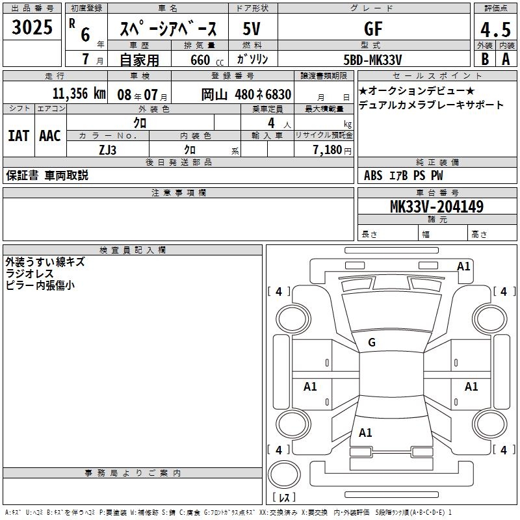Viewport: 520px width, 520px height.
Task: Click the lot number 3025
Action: coord(32,27)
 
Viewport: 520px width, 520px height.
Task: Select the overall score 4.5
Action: coord(495,29)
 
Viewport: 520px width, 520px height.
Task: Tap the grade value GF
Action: coord(373,29)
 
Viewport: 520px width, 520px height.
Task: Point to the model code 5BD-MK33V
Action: coord(372,60)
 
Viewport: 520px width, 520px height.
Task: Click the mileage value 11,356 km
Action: coord(79,94)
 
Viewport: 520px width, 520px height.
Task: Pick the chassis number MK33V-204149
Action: coord(437,206)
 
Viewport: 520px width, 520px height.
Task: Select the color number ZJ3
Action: coord(107,150)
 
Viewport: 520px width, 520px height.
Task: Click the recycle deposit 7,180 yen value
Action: coord(332,150)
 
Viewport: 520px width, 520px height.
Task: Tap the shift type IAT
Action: coord(19,136)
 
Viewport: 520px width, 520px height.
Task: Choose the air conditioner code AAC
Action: coord(50,136)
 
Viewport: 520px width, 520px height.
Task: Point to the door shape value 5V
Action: coord(252,29)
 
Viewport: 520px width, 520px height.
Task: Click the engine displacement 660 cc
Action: coord(207,60)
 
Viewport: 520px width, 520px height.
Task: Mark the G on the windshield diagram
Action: coord(372,343)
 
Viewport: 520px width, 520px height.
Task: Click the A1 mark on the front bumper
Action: coord(463,266)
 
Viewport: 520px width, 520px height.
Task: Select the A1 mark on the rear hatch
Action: coord(365,433)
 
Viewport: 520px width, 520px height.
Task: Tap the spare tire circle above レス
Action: coord(284,474)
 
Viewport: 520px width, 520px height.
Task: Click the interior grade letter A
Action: coord(506,59)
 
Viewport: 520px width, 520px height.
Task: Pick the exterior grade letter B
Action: coord(485,59)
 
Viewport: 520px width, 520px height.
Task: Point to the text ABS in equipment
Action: coord(373,175)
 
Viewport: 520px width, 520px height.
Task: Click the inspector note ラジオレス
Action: coord(29,274)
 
